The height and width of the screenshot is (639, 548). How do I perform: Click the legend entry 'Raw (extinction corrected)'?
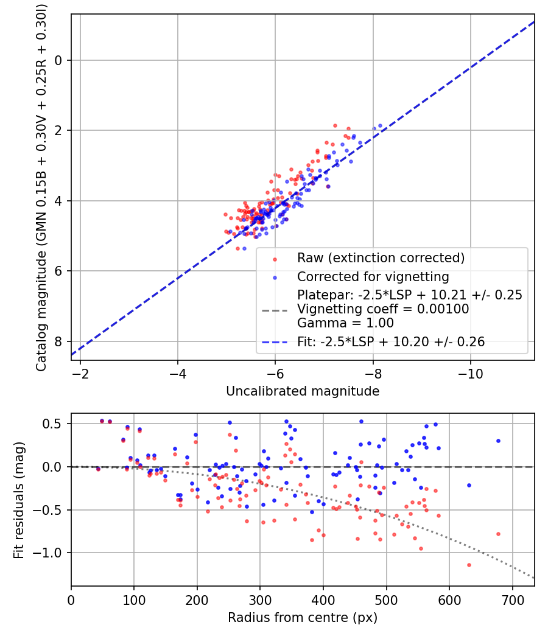pos(381,257)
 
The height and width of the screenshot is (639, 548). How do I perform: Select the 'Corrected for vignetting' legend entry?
pos(373,277)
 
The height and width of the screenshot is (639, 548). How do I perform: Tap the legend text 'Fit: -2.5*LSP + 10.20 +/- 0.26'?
pos(391,342)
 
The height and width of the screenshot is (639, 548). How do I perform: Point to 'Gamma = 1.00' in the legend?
pos(345,323)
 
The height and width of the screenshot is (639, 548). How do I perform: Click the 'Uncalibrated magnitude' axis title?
pos(303,391)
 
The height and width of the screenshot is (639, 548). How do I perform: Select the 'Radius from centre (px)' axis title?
pos(303,618)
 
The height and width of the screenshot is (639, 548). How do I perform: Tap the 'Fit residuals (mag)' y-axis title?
pos(19,500)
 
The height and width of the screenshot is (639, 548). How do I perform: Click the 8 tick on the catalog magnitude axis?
pos(59,341)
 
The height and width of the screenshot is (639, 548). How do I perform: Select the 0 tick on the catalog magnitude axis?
pos(59,60)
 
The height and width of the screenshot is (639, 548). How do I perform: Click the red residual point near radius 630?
pos(469,565)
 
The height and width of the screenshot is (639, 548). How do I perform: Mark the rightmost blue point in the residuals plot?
pos(498,441)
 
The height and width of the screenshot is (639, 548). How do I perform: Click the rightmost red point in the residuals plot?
pos(498,534)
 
